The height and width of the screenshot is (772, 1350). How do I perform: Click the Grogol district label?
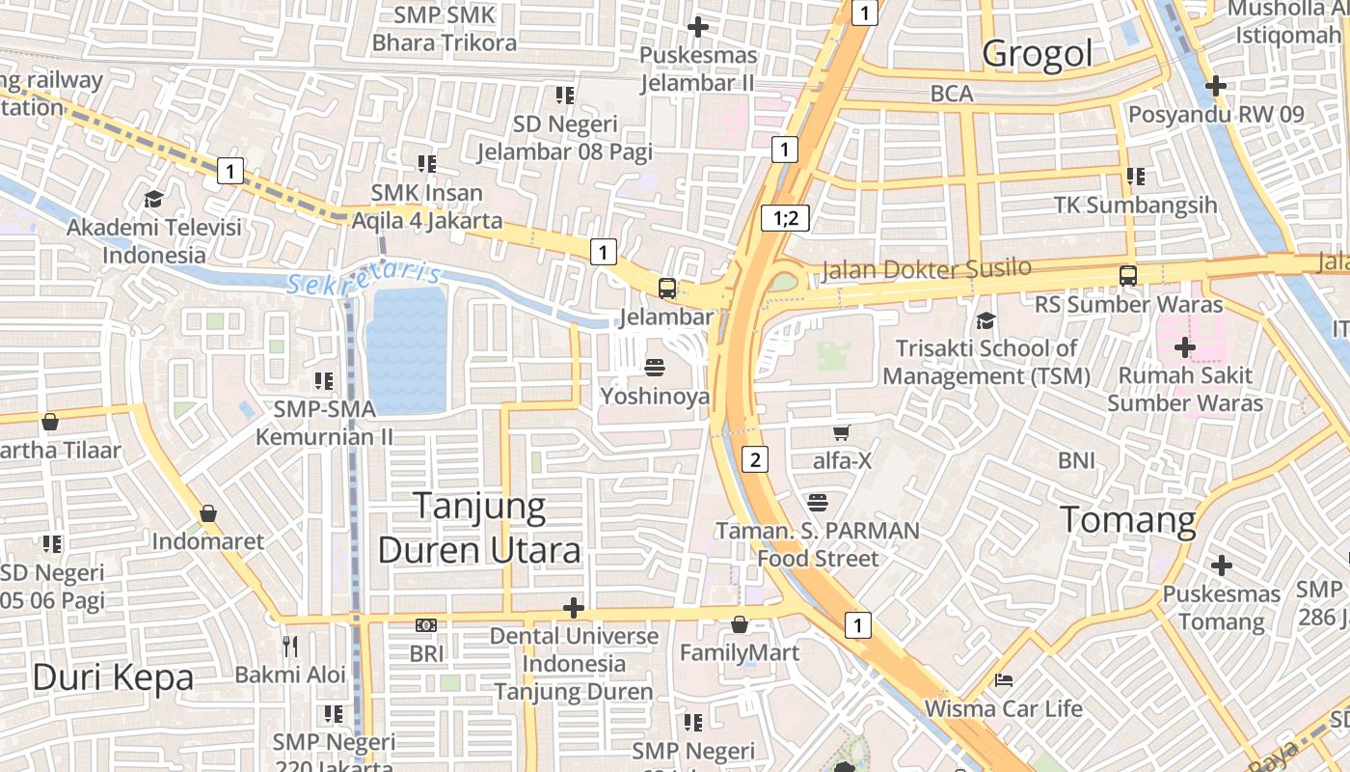tap(1038, 53)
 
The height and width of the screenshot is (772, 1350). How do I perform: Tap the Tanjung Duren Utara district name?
tap(479, 527)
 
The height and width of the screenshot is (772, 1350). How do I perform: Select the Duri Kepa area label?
tap(113, 677)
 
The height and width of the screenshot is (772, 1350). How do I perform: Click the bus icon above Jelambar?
tap(666, 288)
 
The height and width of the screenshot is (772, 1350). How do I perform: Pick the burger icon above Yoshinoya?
tap(655, 367)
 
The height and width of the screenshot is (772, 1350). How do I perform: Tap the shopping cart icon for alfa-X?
tap(842, 432)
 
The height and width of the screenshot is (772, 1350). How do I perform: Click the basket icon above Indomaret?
tap(208, 513)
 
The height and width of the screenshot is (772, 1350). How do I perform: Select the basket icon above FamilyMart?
tap(740, 624)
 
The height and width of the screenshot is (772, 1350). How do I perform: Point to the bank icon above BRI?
tap(426, 625)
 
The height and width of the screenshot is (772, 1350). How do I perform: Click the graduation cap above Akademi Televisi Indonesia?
tap(153, 200)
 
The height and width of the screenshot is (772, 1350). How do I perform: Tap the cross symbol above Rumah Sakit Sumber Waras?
tap(1185, 347)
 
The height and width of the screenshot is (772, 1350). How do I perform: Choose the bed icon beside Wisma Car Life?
tap(1004, 679)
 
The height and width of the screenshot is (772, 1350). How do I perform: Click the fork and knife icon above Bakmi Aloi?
tap(290, 645)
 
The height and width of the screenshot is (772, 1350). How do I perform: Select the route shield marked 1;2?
tap(785, 218)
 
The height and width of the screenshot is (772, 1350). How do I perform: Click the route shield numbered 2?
tap(756, 459)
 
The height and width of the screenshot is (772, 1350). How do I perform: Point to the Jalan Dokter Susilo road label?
tap(926, 269)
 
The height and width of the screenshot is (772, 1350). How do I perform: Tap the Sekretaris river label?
tap(364, 280)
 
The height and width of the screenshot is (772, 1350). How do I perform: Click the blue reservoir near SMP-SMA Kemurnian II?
tap(406, 349)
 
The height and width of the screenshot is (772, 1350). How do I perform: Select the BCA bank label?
tap(952, 94)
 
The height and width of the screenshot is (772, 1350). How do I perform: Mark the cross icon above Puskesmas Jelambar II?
tap(698, 27)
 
